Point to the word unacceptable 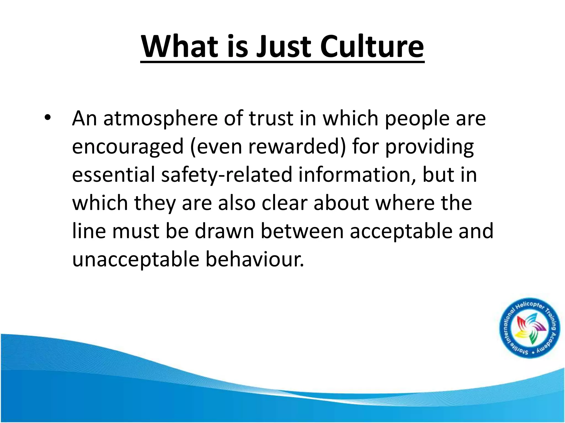(x=135, y=260)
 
